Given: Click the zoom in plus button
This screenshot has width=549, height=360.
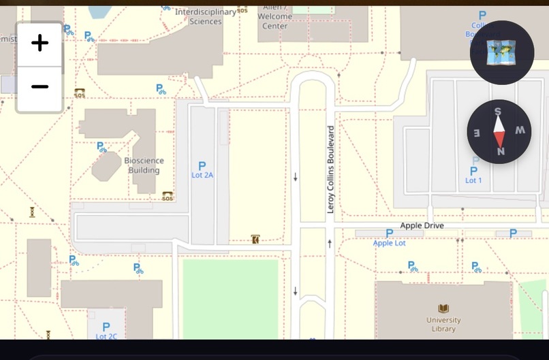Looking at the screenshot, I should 40,44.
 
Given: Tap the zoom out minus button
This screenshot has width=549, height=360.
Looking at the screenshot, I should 40,87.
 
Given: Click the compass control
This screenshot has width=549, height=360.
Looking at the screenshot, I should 499,131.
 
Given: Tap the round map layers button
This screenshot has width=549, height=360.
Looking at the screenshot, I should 501,53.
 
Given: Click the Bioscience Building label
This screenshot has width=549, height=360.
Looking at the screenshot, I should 144,165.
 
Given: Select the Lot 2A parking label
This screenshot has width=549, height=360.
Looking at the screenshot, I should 202,175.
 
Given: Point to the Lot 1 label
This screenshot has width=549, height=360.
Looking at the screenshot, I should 473,180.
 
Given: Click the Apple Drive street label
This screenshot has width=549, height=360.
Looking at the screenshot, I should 422,225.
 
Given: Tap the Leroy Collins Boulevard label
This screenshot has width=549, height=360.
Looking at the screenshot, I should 331,169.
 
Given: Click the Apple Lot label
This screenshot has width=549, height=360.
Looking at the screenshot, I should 389,243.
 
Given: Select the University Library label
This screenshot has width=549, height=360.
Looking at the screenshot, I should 443,325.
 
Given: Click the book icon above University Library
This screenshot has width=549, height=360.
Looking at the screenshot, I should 443,309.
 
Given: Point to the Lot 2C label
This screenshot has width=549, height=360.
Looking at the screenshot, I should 106,336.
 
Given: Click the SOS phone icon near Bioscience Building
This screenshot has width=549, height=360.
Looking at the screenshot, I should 168,196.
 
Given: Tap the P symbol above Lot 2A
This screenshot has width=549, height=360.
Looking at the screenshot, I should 202,165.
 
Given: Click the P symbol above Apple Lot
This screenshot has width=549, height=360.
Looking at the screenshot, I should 389,233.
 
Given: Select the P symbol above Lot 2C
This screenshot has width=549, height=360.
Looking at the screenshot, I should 106,327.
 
